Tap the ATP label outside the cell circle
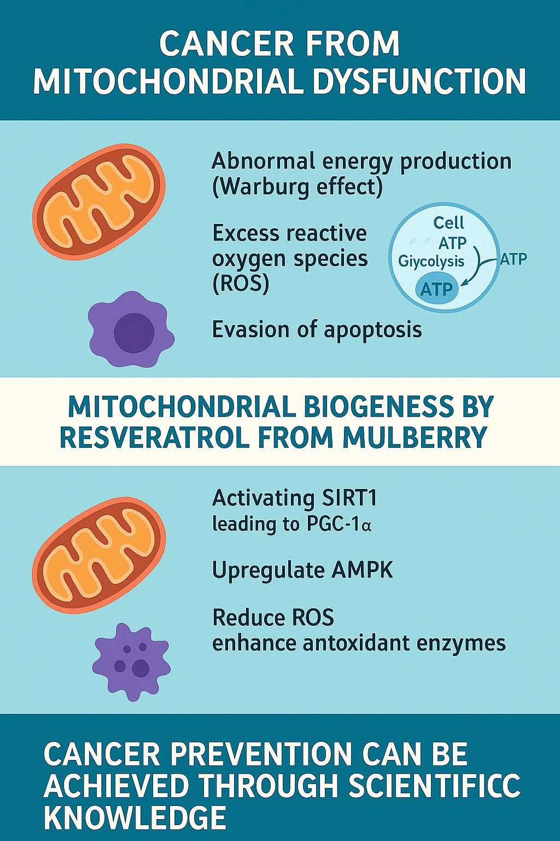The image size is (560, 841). pyautogui.click(x=514, y=258)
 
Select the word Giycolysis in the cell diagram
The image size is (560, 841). pyautogui.click(x=431, y=261)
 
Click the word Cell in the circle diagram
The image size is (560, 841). pyautogui.click(x=448, y=223)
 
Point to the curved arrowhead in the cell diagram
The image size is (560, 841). pyautogui.click(x=464, y=285)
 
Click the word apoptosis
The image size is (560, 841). pyautogui.click(x=373, y=331)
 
